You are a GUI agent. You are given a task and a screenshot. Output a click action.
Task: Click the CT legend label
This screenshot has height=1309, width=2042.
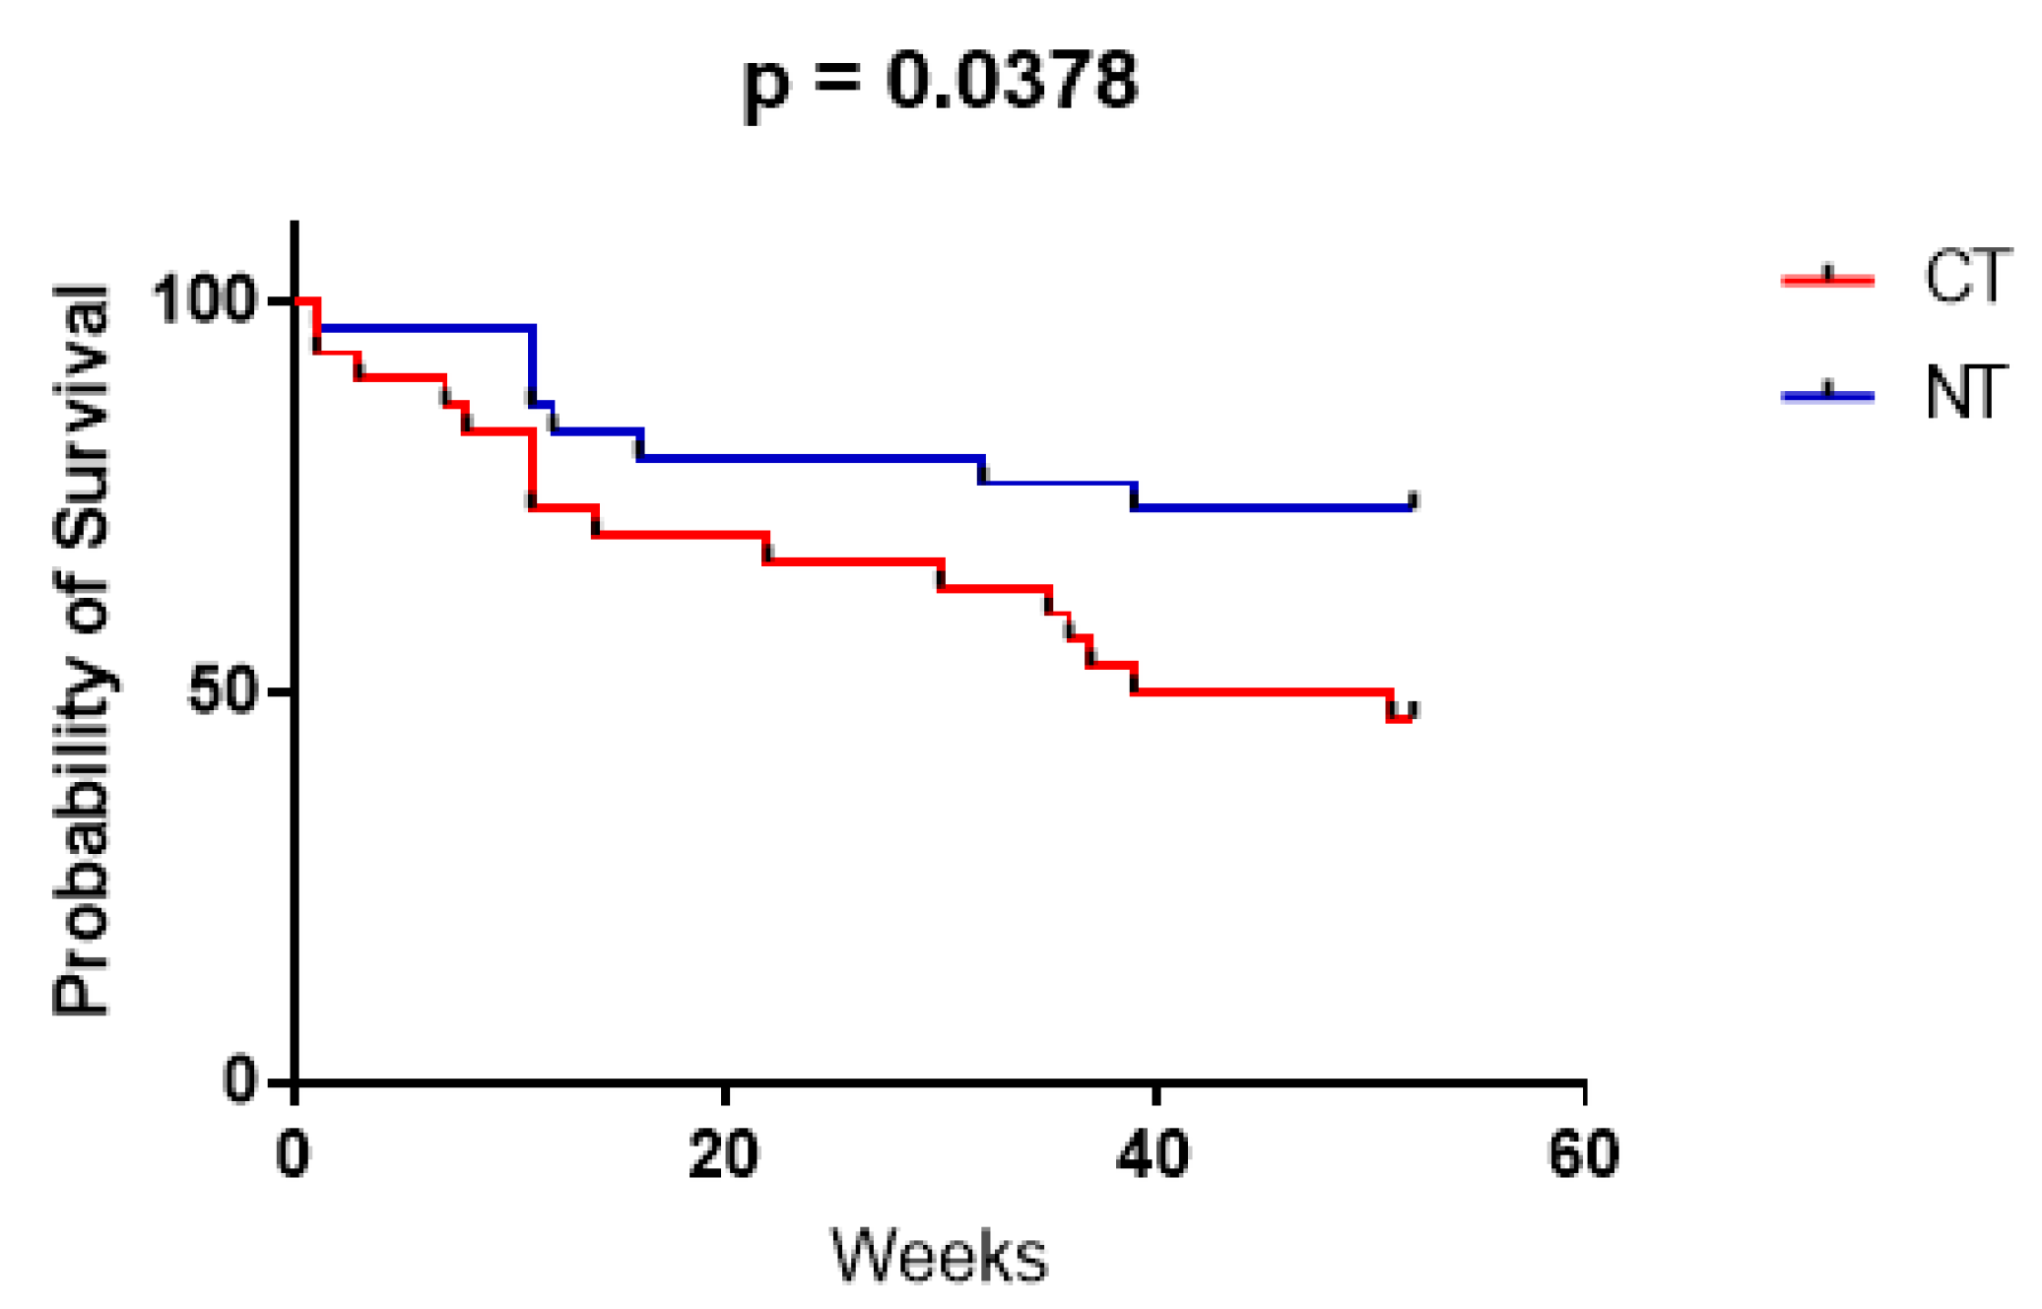click(x=1966, y=277)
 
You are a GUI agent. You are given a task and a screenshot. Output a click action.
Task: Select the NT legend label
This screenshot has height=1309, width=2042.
click(x=1964, y=393)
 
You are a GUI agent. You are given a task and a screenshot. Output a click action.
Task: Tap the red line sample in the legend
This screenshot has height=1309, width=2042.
click(x=1827, y=280)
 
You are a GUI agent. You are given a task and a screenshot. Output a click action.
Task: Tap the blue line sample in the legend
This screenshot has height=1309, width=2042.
click(x=1827, y=396)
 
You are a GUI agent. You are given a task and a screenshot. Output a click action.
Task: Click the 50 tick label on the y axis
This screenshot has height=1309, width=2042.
click(x=222, y=691)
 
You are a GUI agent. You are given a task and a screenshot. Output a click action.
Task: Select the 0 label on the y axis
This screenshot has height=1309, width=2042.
click(x=239, y=1080)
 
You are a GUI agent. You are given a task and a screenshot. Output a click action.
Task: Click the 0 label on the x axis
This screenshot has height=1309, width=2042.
click(x=293, y=1154)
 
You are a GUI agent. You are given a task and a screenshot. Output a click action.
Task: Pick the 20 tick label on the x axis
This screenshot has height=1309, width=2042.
click(x=724, y=1154)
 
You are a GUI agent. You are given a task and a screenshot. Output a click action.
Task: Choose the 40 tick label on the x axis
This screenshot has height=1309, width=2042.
click(x=1153, y=1154)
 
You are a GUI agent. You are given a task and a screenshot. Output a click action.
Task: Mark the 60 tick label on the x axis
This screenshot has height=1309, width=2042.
click(x=1583, y=1154)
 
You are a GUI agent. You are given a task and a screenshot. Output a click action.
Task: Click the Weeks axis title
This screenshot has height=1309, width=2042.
click(x=939, y=1256)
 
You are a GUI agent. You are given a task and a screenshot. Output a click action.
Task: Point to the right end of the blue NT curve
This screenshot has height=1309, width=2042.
click(x=1412, y=504)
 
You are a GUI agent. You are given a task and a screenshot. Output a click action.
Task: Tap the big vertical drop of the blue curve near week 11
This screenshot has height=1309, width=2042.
click(x=532, y=364)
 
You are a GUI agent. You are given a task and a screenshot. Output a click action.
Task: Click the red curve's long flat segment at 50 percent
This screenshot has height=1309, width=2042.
click(x=1261, y=691)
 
